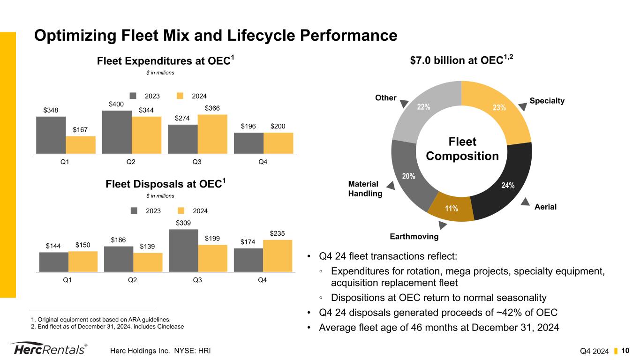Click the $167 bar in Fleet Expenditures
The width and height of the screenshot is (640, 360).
(81, 145)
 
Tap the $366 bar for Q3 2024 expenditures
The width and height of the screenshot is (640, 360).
(212, 134)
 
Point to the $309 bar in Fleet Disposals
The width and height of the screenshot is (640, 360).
(183, 250)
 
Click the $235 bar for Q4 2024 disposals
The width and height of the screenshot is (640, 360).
(278, 255)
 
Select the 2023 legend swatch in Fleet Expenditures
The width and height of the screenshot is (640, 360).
(133, 96)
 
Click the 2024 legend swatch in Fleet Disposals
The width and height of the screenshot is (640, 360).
(181, 210)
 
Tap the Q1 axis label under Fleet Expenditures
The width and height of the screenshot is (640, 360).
(66, 162)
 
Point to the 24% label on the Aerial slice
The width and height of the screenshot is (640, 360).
(508, 186)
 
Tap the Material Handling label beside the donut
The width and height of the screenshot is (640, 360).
(365, 189)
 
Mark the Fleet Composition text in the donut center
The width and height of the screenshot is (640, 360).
(462, 149)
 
